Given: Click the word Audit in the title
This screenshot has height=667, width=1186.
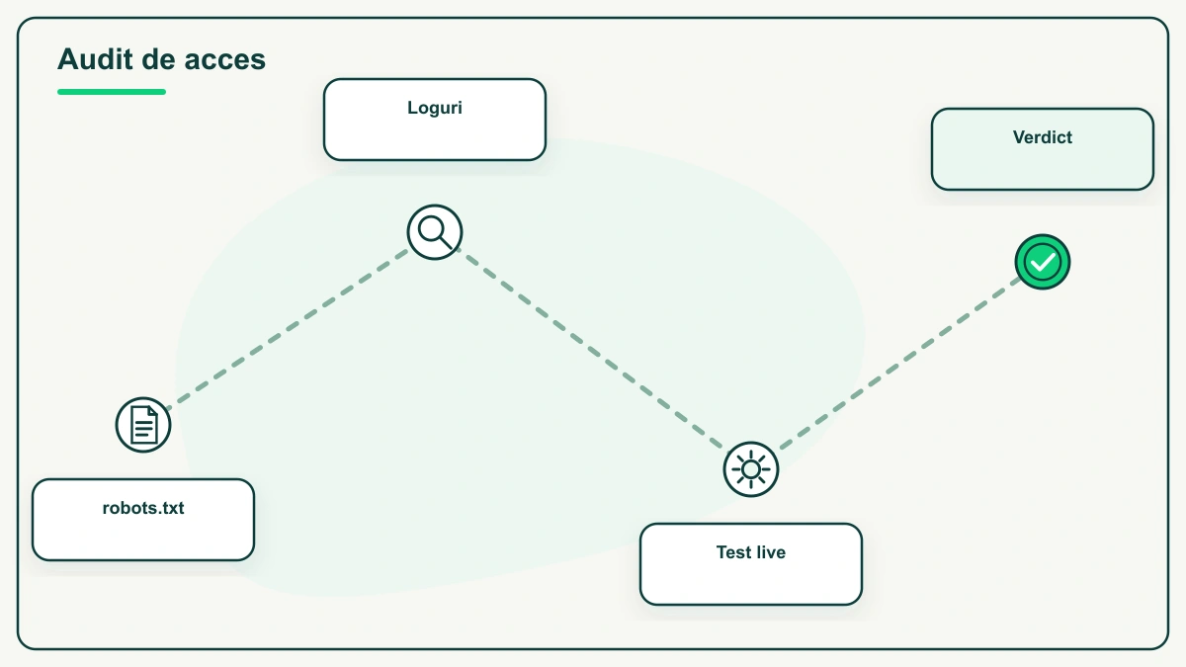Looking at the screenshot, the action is (x=95, y=58).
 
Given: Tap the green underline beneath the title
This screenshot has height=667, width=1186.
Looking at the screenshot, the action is (x=112, y=92).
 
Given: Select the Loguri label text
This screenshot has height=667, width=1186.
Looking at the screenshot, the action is (x=435, y=108).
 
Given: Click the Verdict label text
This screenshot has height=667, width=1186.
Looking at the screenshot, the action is (x=1043, y=137).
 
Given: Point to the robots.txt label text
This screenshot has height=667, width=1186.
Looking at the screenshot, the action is (x=143, y=508).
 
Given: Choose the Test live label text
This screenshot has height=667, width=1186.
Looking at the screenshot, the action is (x=751, y=552).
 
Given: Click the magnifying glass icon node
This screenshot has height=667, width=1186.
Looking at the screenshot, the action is (x=435, y=232).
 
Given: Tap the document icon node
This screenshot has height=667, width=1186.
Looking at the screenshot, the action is (x=143, y=425).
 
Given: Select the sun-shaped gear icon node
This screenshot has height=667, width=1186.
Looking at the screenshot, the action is (x=751, y=469).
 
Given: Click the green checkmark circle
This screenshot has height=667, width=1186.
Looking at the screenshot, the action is (x=1043, y=262).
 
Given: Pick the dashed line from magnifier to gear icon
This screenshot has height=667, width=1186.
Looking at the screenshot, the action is (x=592, y=351).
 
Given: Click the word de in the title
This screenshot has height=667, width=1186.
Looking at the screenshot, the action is (x=158, y=58).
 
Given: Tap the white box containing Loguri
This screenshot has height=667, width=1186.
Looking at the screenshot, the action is (x=435, y=120).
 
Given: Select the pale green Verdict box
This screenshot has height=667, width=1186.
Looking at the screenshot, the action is (x=1043, y=149).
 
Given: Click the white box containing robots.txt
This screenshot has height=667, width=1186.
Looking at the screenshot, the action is (x=143, y=520).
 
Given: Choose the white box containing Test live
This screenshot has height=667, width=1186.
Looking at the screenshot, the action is (x=751, y=564).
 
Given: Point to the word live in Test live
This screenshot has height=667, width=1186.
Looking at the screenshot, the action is (x=769, y=552).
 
